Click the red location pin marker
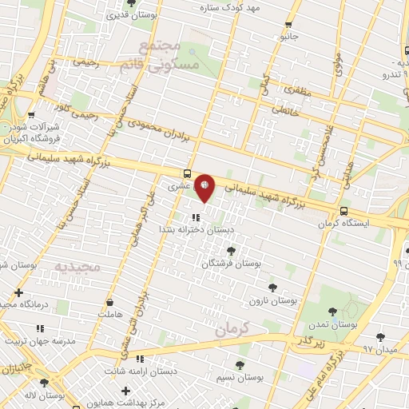click(x=204, y=187)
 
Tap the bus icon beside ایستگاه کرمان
click(x=343, y=212)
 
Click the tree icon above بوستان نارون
click(x=273, y=288)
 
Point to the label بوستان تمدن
click(x=332, y=325)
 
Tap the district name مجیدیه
click(x=77, y=265)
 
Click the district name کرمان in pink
click(x=234, y=328)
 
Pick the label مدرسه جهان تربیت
click(x=40, y=341)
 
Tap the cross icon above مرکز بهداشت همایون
click(x=125, y=390)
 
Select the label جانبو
click(x=288, y=36)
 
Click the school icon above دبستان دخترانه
click(x=196, y=216)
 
